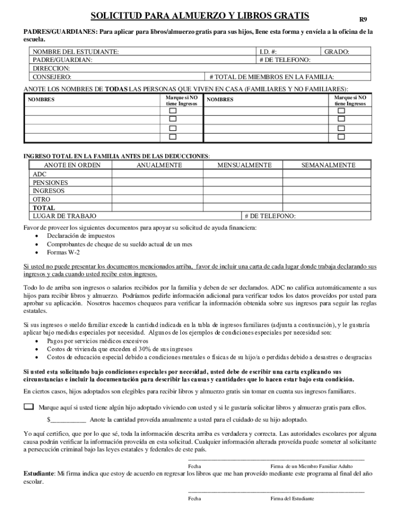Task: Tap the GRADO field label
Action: click(337, 52)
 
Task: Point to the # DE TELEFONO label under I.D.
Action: click(285, 60)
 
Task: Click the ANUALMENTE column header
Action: click(159, 165)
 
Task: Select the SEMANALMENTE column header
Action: click(328, 165)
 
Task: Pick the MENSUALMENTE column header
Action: click(244, 165)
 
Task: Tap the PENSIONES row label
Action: click(50, 183)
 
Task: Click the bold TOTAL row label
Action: click(44, 208)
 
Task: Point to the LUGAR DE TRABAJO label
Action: click(64, 216)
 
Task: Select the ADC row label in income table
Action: click(39, 175)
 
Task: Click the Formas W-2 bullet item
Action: click(63, 252)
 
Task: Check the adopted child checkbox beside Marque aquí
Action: click(29, 407)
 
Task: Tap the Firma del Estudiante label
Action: click(292, 499)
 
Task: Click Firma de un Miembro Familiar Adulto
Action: click(311, 467)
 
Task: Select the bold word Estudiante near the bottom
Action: click(39, 474)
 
